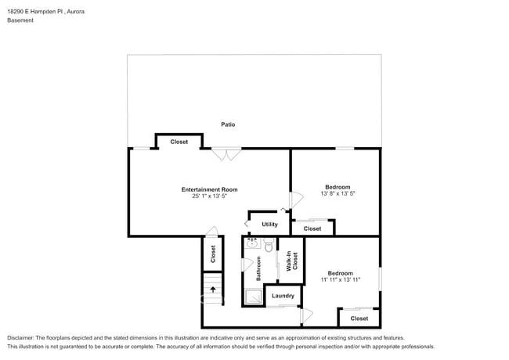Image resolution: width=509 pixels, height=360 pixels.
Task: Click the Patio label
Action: (228, 124)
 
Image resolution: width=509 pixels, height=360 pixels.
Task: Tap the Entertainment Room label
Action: (209, 189)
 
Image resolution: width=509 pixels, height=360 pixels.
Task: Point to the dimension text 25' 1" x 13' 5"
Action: (209, 196)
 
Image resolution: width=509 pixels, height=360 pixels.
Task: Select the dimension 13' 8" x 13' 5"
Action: (338, 193)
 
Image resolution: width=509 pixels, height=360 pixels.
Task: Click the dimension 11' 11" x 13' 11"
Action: (340, 279)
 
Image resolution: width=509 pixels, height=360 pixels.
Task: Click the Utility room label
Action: (269, 225)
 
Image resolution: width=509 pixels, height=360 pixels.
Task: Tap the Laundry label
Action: (283, 296)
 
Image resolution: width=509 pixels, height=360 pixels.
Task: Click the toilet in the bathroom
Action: (268, 247)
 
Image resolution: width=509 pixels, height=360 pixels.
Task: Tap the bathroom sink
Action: (252, 243)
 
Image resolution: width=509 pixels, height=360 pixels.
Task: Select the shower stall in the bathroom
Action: (253, 297)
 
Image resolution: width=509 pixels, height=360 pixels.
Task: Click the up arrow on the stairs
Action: (212, 289)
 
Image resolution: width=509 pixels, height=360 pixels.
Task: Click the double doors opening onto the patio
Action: (227, 154)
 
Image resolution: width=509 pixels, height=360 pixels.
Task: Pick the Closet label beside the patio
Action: (179, 142)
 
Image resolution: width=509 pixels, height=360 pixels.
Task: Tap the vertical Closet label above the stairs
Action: (212, 254)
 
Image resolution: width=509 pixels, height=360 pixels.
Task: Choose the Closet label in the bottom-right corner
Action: (359, 319)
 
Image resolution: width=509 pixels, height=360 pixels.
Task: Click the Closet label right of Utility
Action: (312, 229)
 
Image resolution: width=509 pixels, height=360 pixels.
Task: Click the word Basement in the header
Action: (21, 21)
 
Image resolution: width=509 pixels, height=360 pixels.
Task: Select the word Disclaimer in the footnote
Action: (22, 337)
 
